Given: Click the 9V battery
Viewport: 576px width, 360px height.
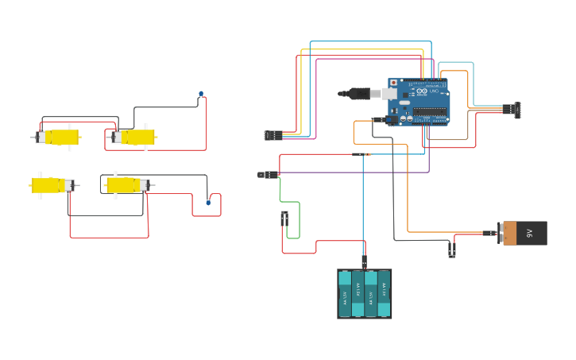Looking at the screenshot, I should click(524, 233).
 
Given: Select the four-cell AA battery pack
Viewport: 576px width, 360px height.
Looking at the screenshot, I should click(364, 294).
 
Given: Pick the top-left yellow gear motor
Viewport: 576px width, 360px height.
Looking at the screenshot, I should click(58, 137).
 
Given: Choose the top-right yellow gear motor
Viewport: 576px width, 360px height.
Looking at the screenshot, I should click(133, 137).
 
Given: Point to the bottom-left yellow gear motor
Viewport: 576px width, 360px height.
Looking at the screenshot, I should click(52, 185).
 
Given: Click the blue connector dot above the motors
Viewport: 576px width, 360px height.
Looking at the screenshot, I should click(201, 95).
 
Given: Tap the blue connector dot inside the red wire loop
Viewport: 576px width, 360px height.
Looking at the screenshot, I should click(209, 202).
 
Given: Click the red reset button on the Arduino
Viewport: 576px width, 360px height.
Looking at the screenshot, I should click(393, 83).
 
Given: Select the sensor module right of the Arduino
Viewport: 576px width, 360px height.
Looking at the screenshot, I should click(516, 110).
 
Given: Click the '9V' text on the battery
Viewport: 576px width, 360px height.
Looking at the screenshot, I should click(530, 233).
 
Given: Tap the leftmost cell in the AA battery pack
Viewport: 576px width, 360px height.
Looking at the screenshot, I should click(345, 294).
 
